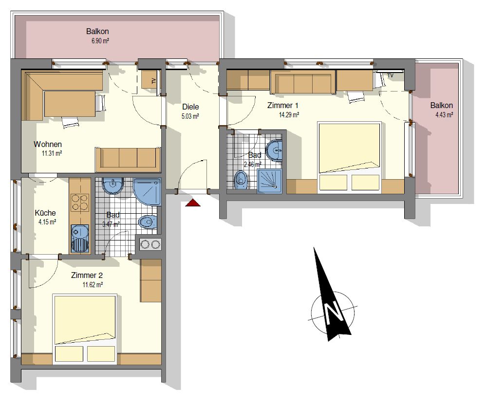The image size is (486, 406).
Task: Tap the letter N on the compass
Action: (333, 312)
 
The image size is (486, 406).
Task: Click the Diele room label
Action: (190, 107)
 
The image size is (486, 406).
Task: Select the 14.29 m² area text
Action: (289, 115)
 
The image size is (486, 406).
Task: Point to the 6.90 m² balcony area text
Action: (100, 40)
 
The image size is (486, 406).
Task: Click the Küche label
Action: (45, 213)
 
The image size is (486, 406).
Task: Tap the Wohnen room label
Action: (48, 144)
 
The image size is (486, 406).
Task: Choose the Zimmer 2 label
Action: (87, 275)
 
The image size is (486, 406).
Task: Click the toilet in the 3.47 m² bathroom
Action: (147, 221)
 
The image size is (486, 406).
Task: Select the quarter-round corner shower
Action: (147, 191)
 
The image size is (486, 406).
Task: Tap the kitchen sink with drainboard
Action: (80, 238)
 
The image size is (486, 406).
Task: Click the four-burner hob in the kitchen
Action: (80, 203)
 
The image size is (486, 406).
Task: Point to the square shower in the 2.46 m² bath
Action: (269, 181)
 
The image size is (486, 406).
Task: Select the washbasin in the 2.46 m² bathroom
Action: (275, 150)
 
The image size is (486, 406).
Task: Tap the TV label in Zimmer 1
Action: (390, 75)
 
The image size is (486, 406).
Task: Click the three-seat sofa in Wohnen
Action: (128, 159)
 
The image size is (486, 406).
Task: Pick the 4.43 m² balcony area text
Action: (444, 115)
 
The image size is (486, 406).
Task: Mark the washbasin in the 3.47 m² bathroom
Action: (113, 185)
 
